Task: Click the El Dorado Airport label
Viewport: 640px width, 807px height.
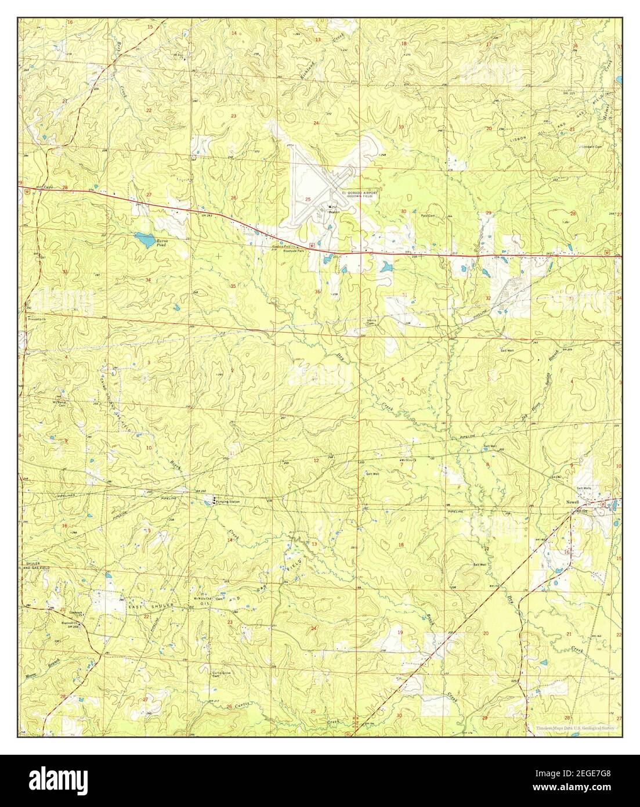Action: click(x=359, y=192)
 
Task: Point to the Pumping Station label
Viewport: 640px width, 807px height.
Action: click(x=227, y=501)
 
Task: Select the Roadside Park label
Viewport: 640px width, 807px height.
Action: click(x=294, y=250)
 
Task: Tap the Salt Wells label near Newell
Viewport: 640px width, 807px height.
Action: click(x=583, y=488)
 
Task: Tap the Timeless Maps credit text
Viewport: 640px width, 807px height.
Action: click(x=572, y=727)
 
